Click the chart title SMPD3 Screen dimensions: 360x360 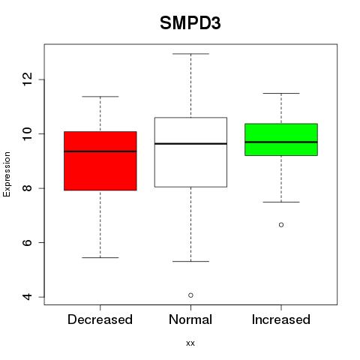(x=190, y=23)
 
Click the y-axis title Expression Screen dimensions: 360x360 (x=7, y=174)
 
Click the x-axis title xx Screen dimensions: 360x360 (x=190, y=343)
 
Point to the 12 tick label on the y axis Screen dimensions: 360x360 (x=28, y=79)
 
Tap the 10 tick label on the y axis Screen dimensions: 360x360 (x=28, y=133)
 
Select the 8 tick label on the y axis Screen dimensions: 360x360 (x=28, y=188)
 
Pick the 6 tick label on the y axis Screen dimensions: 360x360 (x=28, y=242)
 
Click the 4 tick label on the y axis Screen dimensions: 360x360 (x=28, y=297)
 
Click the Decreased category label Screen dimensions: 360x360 (x=100, y=319)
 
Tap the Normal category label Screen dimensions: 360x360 (x=190, y=319)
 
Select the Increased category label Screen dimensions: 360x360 (x=281, y=319)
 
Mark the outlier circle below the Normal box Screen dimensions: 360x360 (x=190, y=295)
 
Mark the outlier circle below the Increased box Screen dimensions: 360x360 (x=281, y=225)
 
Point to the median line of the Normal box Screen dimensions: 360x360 (x=190, y=144)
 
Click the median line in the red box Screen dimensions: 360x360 (x=100, y=151)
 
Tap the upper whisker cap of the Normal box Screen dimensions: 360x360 (x=190, y=54)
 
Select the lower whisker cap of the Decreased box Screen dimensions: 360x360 (x=100, y=257)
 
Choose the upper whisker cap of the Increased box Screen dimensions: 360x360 (x=281, y=93)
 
